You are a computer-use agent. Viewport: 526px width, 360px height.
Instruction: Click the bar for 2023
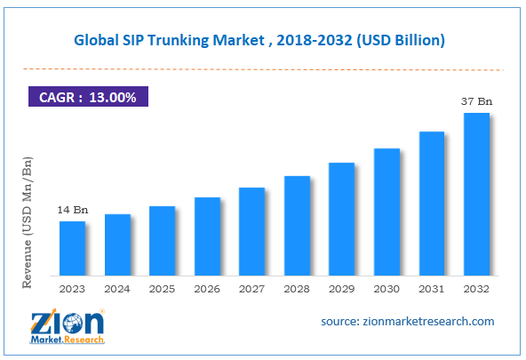tap(73, 248)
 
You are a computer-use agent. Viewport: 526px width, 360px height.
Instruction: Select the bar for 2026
tap(207, 236)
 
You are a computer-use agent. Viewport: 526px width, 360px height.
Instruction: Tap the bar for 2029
tap(341, 219)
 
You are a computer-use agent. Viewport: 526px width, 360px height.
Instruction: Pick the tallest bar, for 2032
tap(476, 194)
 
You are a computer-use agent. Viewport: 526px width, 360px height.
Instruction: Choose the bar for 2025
tap(162, 240)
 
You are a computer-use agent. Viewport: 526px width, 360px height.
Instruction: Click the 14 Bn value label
tap(73, 209)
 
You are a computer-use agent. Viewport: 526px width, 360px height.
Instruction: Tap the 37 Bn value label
tap(476, 101)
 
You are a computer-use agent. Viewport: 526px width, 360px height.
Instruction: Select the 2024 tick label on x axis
tap(117, 289)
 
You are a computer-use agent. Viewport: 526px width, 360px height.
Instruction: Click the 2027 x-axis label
tap(251, 289)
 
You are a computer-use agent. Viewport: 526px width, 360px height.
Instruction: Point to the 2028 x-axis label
tap(297, 289)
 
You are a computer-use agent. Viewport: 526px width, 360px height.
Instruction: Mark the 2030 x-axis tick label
tap(387, 289)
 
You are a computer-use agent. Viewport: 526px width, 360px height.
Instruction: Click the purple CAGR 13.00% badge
tap(88, 97)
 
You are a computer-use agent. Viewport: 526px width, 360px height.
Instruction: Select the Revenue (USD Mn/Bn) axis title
tap(27, 221)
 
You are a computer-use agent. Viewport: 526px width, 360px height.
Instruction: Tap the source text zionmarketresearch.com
tap(408, 321)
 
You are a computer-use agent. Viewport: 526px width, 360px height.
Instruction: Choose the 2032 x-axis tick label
tap(476, 289)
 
